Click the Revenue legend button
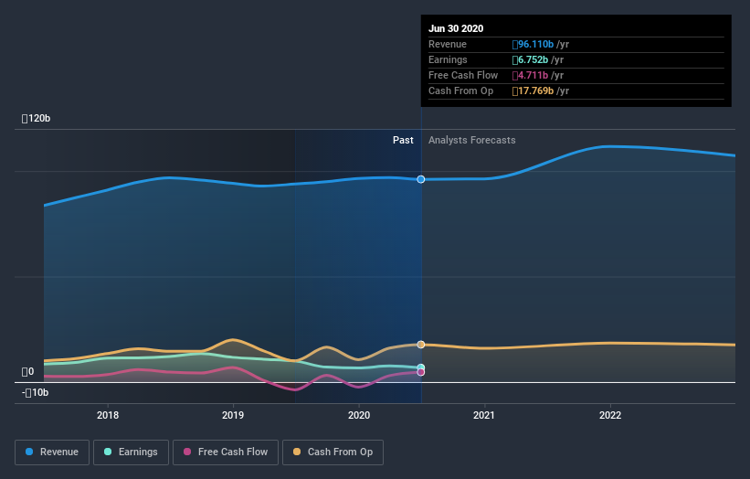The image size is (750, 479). [53, 452]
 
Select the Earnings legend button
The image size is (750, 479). [131, 452]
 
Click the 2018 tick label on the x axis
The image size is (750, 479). [108, 415]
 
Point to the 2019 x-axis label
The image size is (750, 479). [233, 415]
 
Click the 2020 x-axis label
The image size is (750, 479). [359, 415]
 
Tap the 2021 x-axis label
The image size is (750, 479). [484, 415]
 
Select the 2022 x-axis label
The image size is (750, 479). [609, 415]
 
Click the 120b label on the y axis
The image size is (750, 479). [37, 119]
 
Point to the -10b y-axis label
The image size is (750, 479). [37, 393]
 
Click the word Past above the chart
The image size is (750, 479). [403, 141]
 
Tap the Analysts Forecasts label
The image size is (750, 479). [471, 141]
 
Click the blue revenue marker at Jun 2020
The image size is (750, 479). [421, 179]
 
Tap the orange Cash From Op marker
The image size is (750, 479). [421, 345]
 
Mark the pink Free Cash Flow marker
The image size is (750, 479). [421, 372]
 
